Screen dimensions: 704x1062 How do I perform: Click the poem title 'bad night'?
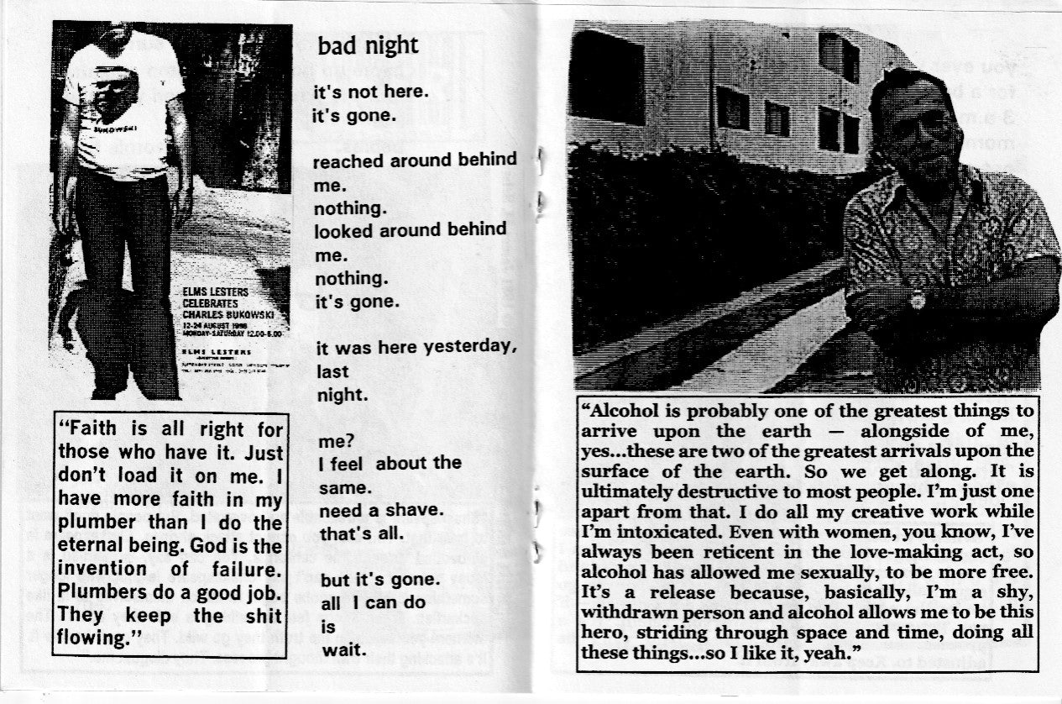368,45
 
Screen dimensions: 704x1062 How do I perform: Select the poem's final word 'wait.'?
343,649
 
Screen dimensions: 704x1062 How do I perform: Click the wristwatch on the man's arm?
916,297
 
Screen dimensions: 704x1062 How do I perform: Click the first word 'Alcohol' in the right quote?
626,412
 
